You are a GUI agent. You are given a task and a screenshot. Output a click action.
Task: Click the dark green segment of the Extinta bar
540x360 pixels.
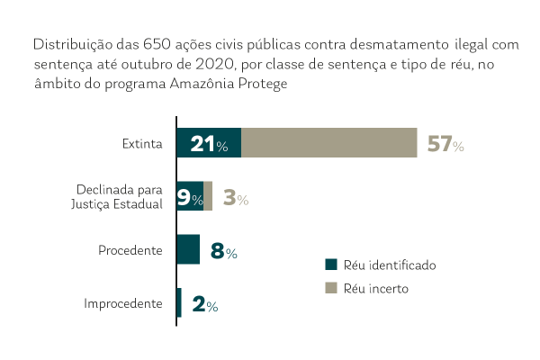pos(209,143)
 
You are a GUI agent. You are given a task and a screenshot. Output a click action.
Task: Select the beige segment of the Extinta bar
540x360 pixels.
pos(329,143)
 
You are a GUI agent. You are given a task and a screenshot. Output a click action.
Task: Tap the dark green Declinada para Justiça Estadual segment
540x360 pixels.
pos(190,196)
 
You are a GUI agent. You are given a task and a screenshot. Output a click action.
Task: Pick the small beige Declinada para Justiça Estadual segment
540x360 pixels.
pos(208,196)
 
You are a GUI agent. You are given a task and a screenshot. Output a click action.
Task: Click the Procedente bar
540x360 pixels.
pos(188,249)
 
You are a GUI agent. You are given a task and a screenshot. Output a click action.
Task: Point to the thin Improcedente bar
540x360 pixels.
pos(179,302)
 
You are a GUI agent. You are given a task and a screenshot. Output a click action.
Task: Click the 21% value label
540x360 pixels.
pos(209,145)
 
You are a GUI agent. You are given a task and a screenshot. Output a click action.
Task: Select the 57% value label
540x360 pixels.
pos(445,145)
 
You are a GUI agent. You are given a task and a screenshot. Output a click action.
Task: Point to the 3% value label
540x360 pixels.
pos(235,199)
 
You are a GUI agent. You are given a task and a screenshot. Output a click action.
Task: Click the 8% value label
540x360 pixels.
pos(223,252)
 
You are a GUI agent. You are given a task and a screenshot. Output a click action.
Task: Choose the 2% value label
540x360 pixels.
pos(205,305)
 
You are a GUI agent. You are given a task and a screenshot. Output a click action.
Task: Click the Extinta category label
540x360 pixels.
pos(142,144)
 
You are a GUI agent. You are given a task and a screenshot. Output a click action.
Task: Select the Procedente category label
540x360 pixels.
pos(130,250)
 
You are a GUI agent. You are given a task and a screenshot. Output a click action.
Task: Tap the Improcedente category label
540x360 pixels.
pos(123,304)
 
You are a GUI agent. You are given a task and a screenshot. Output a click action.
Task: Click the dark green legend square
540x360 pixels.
pos(330,265)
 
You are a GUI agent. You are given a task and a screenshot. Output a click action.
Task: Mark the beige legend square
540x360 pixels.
pos(330,288)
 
